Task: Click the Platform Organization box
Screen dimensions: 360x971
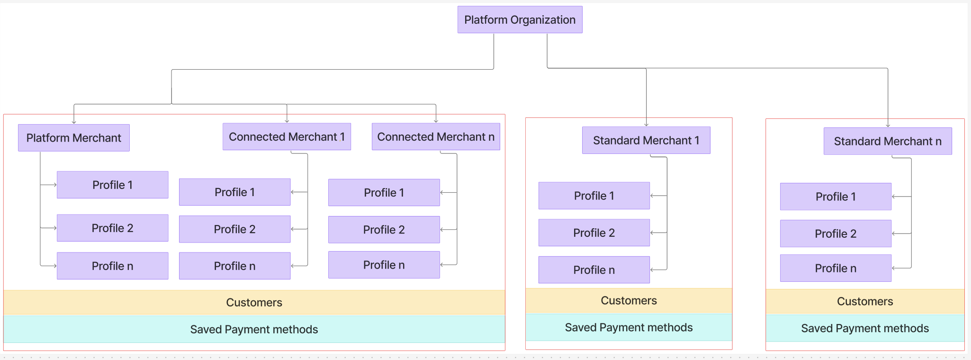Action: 520,20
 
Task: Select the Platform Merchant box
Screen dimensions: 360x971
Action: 73,138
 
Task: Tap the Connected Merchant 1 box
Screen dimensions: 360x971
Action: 287,137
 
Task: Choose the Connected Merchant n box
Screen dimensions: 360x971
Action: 436,137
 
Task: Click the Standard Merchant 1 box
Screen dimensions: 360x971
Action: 646,140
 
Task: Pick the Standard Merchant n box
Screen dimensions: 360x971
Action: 888,141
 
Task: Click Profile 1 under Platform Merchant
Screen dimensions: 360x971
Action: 112,185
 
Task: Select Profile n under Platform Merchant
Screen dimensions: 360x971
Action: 112,266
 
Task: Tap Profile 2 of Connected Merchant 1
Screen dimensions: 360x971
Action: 234,229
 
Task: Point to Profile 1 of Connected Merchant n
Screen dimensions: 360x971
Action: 384,192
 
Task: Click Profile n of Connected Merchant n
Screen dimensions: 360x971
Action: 384,265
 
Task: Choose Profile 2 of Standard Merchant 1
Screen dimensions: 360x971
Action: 594,233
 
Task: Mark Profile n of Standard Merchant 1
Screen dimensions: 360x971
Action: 594,270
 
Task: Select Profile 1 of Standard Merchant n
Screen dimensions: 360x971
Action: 836,197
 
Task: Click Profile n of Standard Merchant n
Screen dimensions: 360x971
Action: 836,268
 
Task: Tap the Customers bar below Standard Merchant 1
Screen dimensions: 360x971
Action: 629,300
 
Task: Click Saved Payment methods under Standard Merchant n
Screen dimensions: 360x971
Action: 865,328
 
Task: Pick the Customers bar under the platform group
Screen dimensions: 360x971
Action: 254,302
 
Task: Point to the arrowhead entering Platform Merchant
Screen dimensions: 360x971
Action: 74,122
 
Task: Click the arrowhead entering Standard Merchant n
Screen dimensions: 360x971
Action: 888,126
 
